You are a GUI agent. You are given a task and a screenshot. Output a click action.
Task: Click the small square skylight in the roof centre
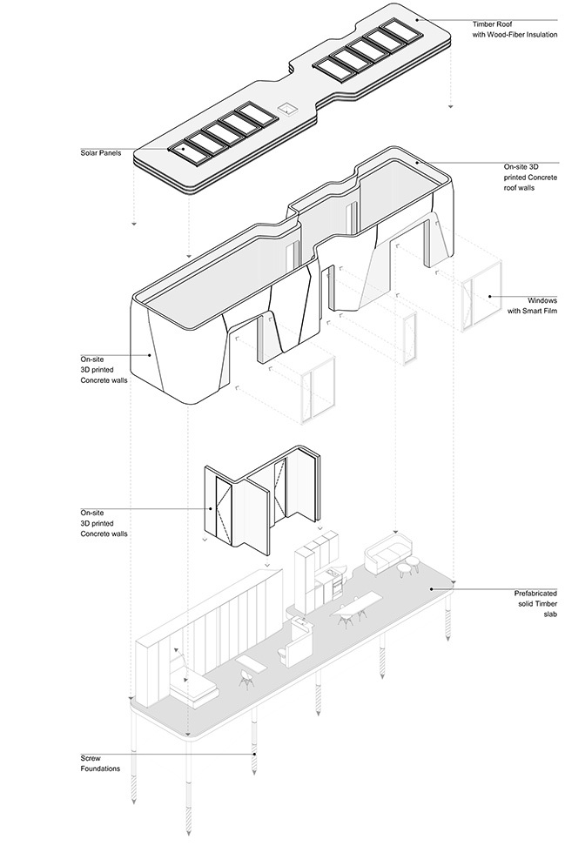point(286,110)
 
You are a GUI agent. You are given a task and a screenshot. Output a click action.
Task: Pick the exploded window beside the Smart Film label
point(479,293)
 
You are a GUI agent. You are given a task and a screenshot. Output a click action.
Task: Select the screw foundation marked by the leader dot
point(254,755)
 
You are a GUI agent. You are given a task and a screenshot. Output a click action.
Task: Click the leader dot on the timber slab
point(433,588)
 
